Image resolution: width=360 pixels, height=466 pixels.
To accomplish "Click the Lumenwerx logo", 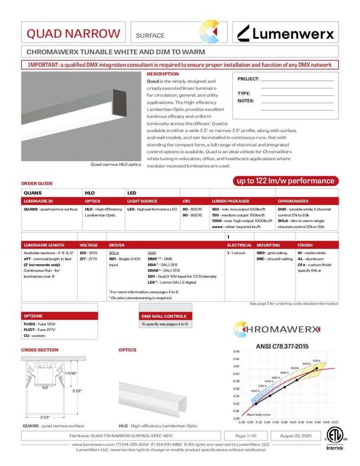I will pyautogui.click(x=286, y=33).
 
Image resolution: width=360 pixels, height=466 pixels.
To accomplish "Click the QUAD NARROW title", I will pyautogui.click(x=73, y=34).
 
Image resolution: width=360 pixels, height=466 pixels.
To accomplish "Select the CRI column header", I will pyautogui.click(x=186, y=201).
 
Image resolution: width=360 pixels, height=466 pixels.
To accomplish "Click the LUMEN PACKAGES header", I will pyautogui.click(x=230, y=201).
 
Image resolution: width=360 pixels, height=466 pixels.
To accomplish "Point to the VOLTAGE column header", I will pyautogui.click(x=89, y=245).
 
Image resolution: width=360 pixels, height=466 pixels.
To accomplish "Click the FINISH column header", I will pyautogui.click(x=304, y=245).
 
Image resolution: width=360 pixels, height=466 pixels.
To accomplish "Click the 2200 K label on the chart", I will pyautogui.click(x=317, y=360).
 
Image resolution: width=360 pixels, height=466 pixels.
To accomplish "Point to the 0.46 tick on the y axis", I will pyautogui.click(x=236, y=352).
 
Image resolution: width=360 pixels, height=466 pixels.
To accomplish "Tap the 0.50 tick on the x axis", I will pyautogui.click(x=336, y=422).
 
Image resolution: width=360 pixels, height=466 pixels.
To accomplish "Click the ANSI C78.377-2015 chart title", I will pyautogui.click(x=285, y=346).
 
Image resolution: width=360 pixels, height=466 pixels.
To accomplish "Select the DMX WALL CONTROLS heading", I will pyautogui.click(x=164, y=316).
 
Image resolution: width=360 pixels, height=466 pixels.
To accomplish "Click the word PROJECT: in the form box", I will pyautogui.click(x=248, y=79).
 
